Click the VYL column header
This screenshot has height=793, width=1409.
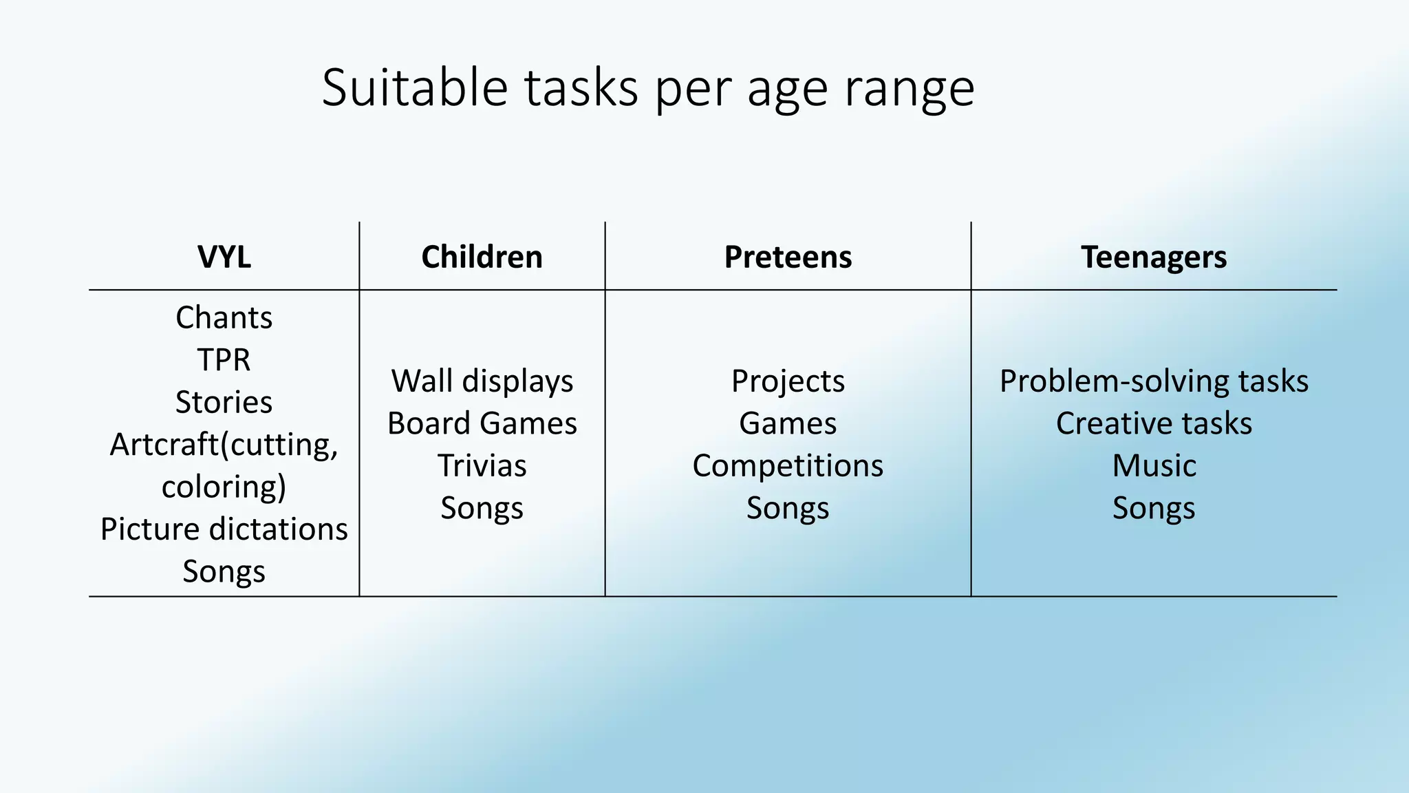click(224, 257)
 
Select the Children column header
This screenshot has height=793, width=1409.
click(482, 257)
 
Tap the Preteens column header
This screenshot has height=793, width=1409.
click(788, 257)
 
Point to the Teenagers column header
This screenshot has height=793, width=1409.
click(1154, 257)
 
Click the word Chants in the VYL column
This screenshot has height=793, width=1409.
click(224, 317)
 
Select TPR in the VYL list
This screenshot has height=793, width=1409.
click(224, 359)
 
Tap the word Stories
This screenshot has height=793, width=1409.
click(224, 402)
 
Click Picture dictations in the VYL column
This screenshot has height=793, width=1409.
click(224, 529)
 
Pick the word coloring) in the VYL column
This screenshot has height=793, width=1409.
click(224, 487)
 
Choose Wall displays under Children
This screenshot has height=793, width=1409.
click(482, 381)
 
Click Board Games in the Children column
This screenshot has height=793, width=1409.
click(482, 423)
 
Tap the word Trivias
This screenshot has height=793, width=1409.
click(482, 465)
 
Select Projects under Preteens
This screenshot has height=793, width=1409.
click(788, 381)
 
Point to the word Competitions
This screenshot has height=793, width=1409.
click(788, 465)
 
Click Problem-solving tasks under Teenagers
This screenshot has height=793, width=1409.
click(1154, 381)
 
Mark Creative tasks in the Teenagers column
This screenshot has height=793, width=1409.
click(1154, 423)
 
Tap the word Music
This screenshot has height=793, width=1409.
click(1154, 465)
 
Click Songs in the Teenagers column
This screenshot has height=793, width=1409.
click(1154, 508)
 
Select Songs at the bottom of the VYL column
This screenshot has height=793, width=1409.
click(224, 571)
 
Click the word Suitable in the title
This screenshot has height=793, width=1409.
click(414, 87)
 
